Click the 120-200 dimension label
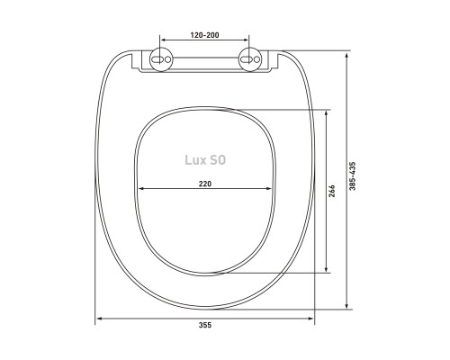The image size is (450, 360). [x=205, y=35]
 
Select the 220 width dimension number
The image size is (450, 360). [x=205, y=184]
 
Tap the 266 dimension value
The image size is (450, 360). [x=332, y=191]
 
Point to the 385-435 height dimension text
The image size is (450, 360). [x=353, y=176]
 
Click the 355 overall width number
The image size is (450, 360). [x=205, y=325]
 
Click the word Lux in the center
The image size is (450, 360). [x=194, y=160]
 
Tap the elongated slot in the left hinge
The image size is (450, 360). [x=157, y=59]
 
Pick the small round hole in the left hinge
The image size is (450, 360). [x=167, y=59]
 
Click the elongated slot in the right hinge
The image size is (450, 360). [x=247, y=59]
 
